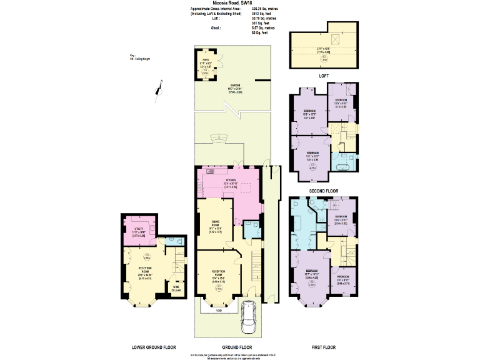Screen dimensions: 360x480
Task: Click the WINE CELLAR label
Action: (x=176, y=288)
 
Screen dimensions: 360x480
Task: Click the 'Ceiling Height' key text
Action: (x=141, y=59)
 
